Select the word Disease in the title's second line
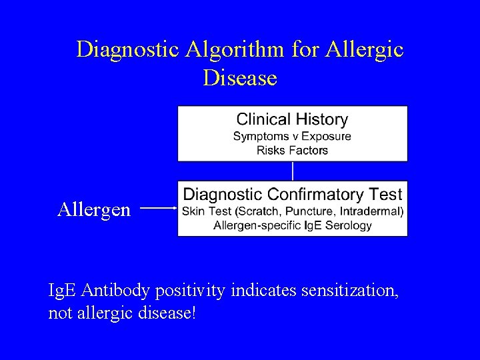coord(240,79)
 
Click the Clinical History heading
coord(292,120)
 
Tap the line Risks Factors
coord(292,150)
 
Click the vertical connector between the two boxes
coord(293,171)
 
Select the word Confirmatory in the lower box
coord(313,195)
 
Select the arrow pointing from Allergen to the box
coord(159,209)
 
